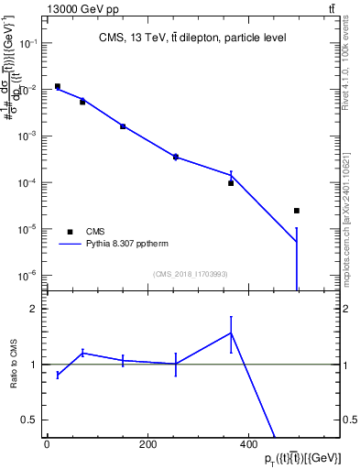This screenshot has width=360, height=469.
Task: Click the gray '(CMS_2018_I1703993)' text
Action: (x=191, y=274)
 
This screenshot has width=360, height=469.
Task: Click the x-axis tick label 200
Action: (x=147, y=444)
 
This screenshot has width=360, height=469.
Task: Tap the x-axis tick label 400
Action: (x=248, y=444)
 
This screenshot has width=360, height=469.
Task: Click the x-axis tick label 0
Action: (x=47, y=444)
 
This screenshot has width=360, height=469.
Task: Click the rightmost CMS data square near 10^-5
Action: (x=297, y=211)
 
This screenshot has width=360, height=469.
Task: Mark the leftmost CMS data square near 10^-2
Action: (x=58, y=87)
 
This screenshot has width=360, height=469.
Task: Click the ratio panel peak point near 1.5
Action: (x=231, y=333)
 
